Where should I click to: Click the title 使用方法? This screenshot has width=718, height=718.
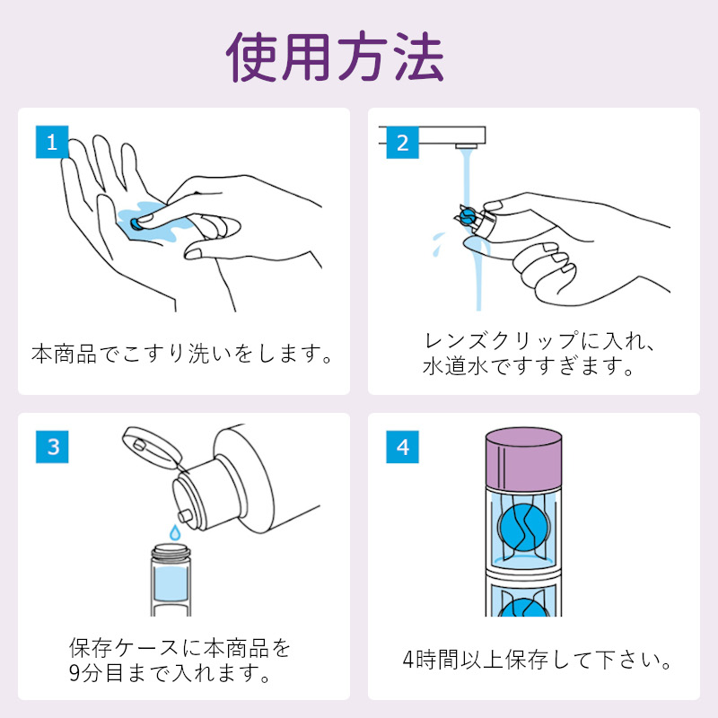[336, 57]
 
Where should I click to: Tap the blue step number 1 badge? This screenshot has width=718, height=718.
[52, 142]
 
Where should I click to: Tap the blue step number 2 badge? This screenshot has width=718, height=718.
[402, 142]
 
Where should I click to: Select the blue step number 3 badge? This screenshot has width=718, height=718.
[52, 446]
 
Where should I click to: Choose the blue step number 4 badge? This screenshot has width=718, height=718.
[402, 446]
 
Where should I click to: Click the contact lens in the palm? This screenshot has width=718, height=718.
[136, 221]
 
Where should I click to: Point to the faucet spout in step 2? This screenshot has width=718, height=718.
[466, 143]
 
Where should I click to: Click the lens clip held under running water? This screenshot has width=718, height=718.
[467, 216]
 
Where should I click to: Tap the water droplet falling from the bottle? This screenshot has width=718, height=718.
[174, 532]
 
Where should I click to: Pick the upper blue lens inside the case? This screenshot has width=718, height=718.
[524, 529]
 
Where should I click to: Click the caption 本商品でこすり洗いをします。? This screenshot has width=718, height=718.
[183, 353]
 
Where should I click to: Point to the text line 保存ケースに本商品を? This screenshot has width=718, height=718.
[180, 647]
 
